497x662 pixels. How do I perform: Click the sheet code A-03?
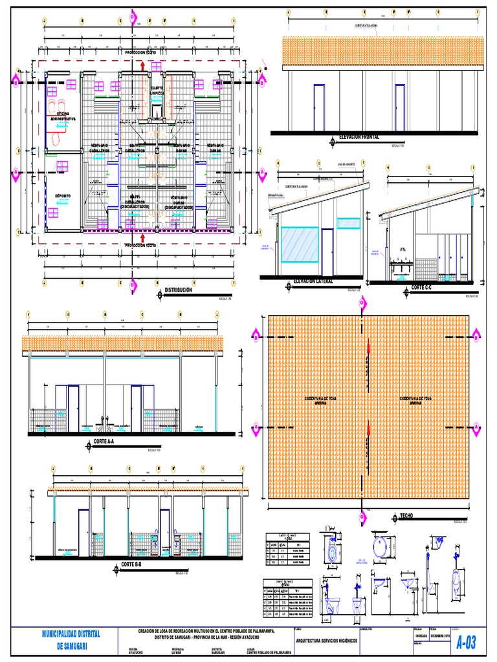[466, 643]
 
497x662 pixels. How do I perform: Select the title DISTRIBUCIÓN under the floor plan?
[179, 291]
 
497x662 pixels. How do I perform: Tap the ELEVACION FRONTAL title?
[354, 138]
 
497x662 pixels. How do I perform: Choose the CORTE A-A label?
[104, 442]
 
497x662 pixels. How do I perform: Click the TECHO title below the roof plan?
[406, 515]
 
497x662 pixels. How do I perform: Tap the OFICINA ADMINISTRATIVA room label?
[63, 117]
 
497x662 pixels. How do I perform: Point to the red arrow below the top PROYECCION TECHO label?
[142, 65]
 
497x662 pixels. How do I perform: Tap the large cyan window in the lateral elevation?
[300, 244]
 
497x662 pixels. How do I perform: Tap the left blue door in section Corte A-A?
[73, 408]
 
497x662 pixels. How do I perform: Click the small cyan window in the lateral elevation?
[348, 223]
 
